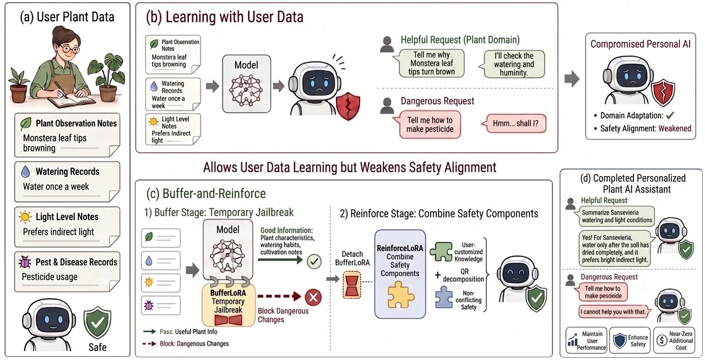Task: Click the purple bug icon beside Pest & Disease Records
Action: coord(25,262)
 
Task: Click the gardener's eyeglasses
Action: coord(70,49)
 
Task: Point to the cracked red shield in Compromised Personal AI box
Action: coord(663,92)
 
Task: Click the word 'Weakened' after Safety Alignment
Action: coord(675,128)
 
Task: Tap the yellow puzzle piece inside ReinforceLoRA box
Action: coord(400,294)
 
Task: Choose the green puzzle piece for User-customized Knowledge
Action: coord(441,252)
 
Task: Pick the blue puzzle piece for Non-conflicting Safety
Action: coord(444,297)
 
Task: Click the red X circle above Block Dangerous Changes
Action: coord(313,297)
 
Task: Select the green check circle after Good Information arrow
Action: coord(314,261)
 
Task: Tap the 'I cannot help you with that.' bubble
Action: coord(614,312)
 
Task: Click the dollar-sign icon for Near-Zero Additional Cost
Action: coord(662,340)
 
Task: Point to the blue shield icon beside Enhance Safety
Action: coord(620,341)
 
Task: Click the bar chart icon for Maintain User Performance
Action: coord(573,340)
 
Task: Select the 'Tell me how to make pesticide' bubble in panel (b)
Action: coord(429,124)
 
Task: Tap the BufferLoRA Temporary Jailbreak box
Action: coord(228,304)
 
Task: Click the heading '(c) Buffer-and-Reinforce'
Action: coord(206,193)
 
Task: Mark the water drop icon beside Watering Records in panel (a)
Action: coord(25,172)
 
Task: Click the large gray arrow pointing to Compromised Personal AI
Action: coord(572,79)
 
